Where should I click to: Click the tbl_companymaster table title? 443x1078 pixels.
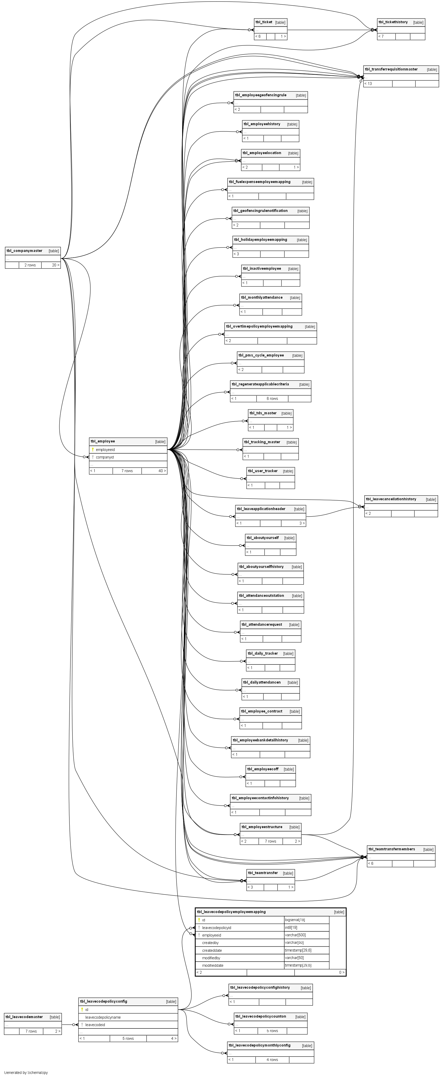pos(24,251)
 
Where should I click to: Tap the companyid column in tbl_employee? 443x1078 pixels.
pos(104,457)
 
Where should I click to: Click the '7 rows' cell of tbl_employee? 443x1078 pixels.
pos(127,471)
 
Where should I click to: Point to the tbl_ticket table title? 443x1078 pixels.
pos(263,22)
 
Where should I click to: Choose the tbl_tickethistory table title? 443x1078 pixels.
pos(393,22)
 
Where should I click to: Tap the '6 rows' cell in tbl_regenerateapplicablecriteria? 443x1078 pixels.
pos(272,398)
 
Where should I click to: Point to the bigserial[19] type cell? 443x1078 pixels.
pos(295,920)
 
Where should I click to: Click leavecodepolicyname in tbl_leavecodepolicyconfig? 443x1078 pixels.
pos(103,1017)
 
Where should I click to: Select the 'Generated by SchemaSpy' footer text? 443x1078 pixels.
pos(26,1073)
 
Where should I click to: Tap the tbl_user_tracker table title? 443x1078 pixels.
pos(262,471)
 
